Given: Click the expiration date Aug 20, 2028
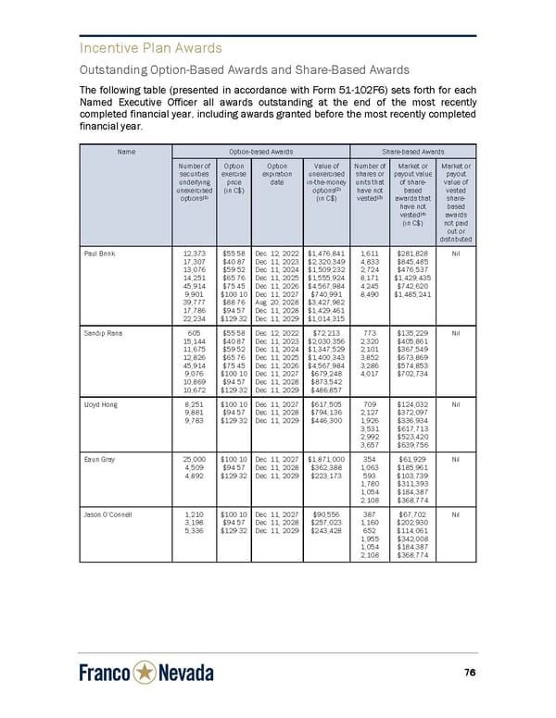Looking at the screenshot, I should pos(275,303).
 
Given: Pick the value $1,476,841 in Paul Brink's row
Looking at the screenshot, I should pos(325,253).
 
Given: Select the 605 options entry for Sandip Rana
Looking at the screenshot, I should pos(196,356).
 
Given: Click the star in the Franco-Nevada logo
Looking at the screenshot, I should pos(146,673).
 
